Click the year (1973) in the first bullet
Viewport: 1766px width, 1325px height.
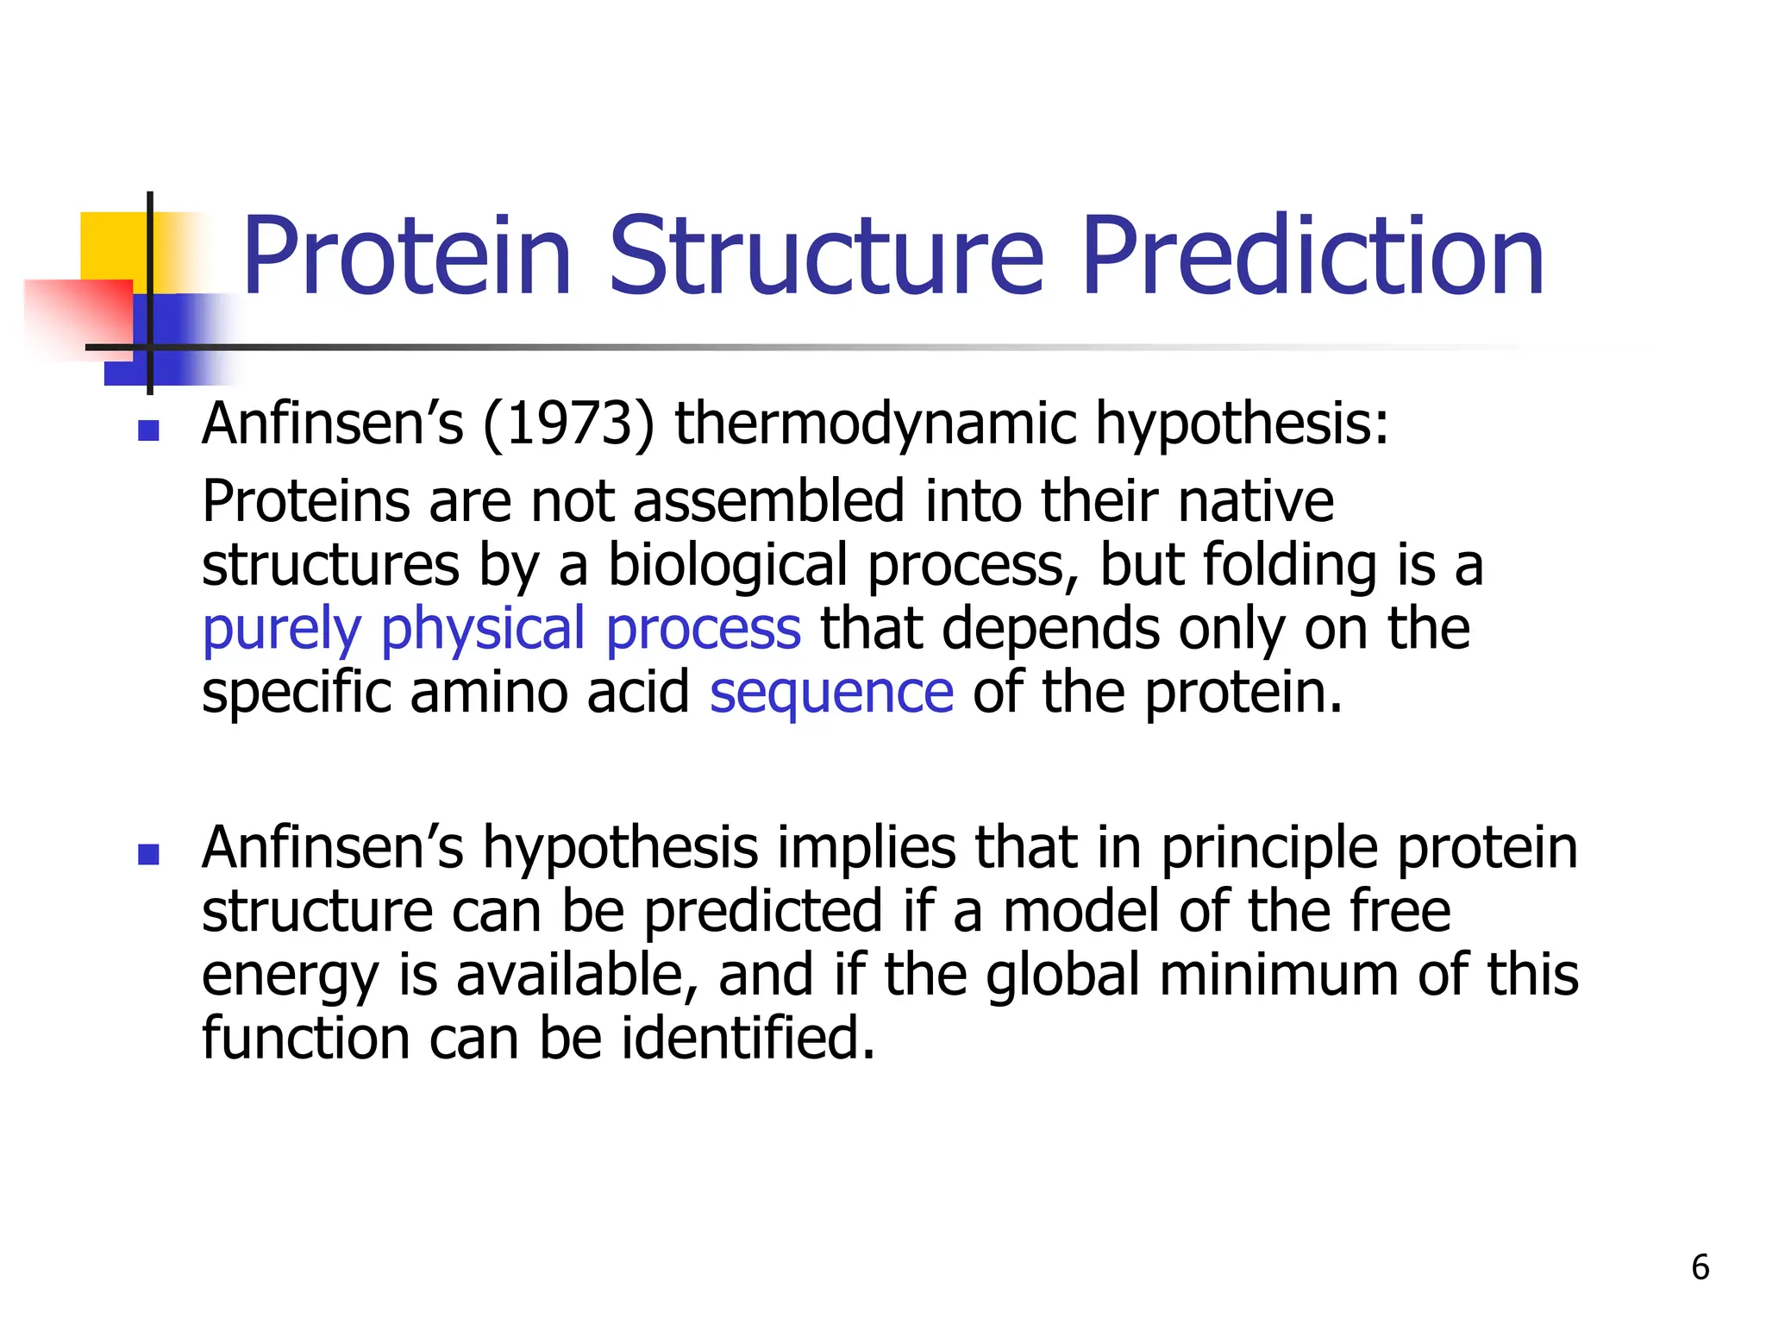[568, 424]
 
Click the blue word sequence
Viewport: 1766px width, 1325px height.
[831, 694]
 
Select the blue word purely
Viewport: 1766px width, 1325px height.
[281, 631]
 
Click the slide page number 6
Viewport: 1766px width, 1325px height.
[1700, 1267]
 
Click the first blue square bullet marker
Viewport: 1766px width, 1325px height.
[148, 430]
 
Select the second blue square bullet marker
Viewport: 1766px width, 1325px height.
[148, 854]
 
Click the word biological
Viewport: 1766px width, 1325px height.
[729, 565]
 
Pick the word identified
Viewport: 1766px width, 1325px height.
[748, 1038]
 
